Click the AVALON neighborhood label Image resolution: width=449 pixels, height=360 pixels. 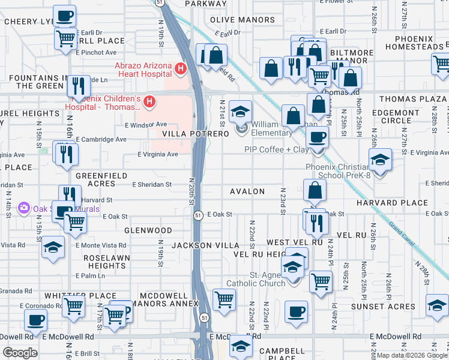point(247,191)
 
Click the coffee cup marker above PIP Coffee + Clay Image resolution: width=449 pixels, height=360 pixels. point(317,136)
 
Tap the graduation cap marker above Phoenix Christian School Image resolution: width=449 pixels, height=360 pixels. point(380,159)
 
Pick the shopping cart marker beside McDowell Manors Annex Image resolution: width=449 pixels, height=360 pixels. point(224,298)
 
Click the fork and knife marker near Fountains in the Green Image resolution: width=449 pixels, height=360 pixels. point(77,85)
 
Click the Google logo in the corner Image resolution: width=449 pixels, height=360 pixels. point(20,353)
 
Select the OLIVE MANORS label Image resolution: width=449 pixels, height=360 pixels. point(243,20)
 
